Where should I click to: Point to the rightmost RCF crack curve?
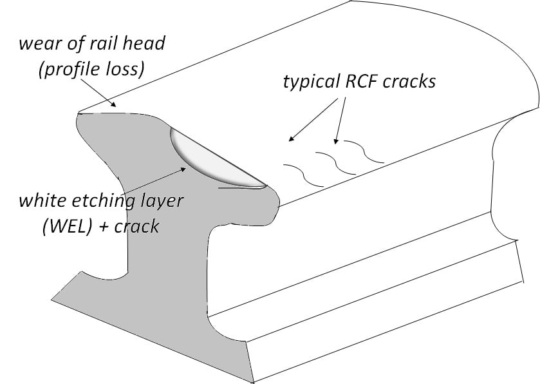pyautogui.click(x=364, y=151)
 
